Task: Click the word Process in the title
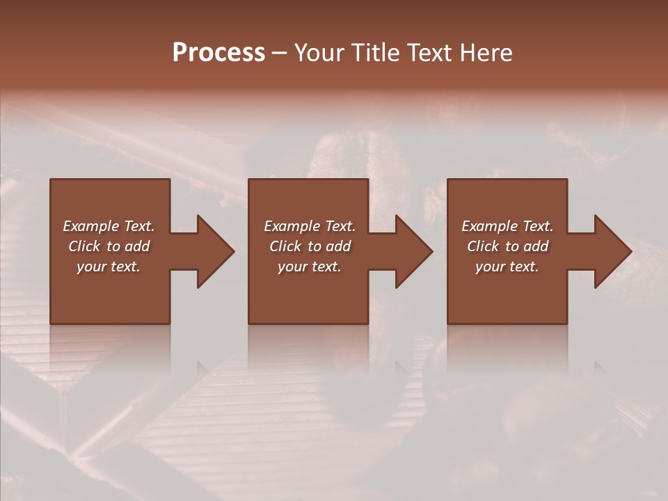(218, 53)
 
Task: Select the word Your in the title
(321, 53)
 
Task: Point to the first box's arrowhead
(216, 251)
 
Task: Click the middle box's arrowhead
(415, 251)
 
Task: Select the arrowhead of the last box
(613, 251)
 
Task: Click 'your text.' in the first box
(109, 267)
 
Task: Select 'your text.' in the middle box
(310, 267)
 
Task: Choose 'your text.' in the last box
(507, 267)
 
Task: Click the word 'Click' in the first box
(84, 246)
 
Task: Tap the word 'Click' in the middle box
(285, 246)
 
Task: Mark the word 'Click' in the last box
(483, 246)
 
